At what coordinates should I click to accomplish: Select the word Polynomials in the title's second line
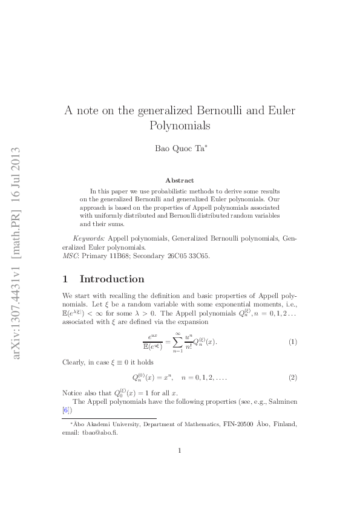(x=180, y=126)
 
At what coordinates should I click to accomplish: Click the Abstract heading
(x=180, y=180)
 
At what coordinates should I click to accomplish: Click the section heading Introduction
(x=112, y=279)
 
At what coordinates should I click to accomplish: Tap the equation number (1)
(x=292, y=342)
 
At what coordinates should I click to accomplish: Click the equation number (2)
(x=292, y=378)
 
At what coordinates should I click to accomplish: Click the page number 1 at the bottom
(x=180, y=450)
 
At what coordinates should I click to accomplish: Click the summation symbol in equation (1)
(x=160, y=342)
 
